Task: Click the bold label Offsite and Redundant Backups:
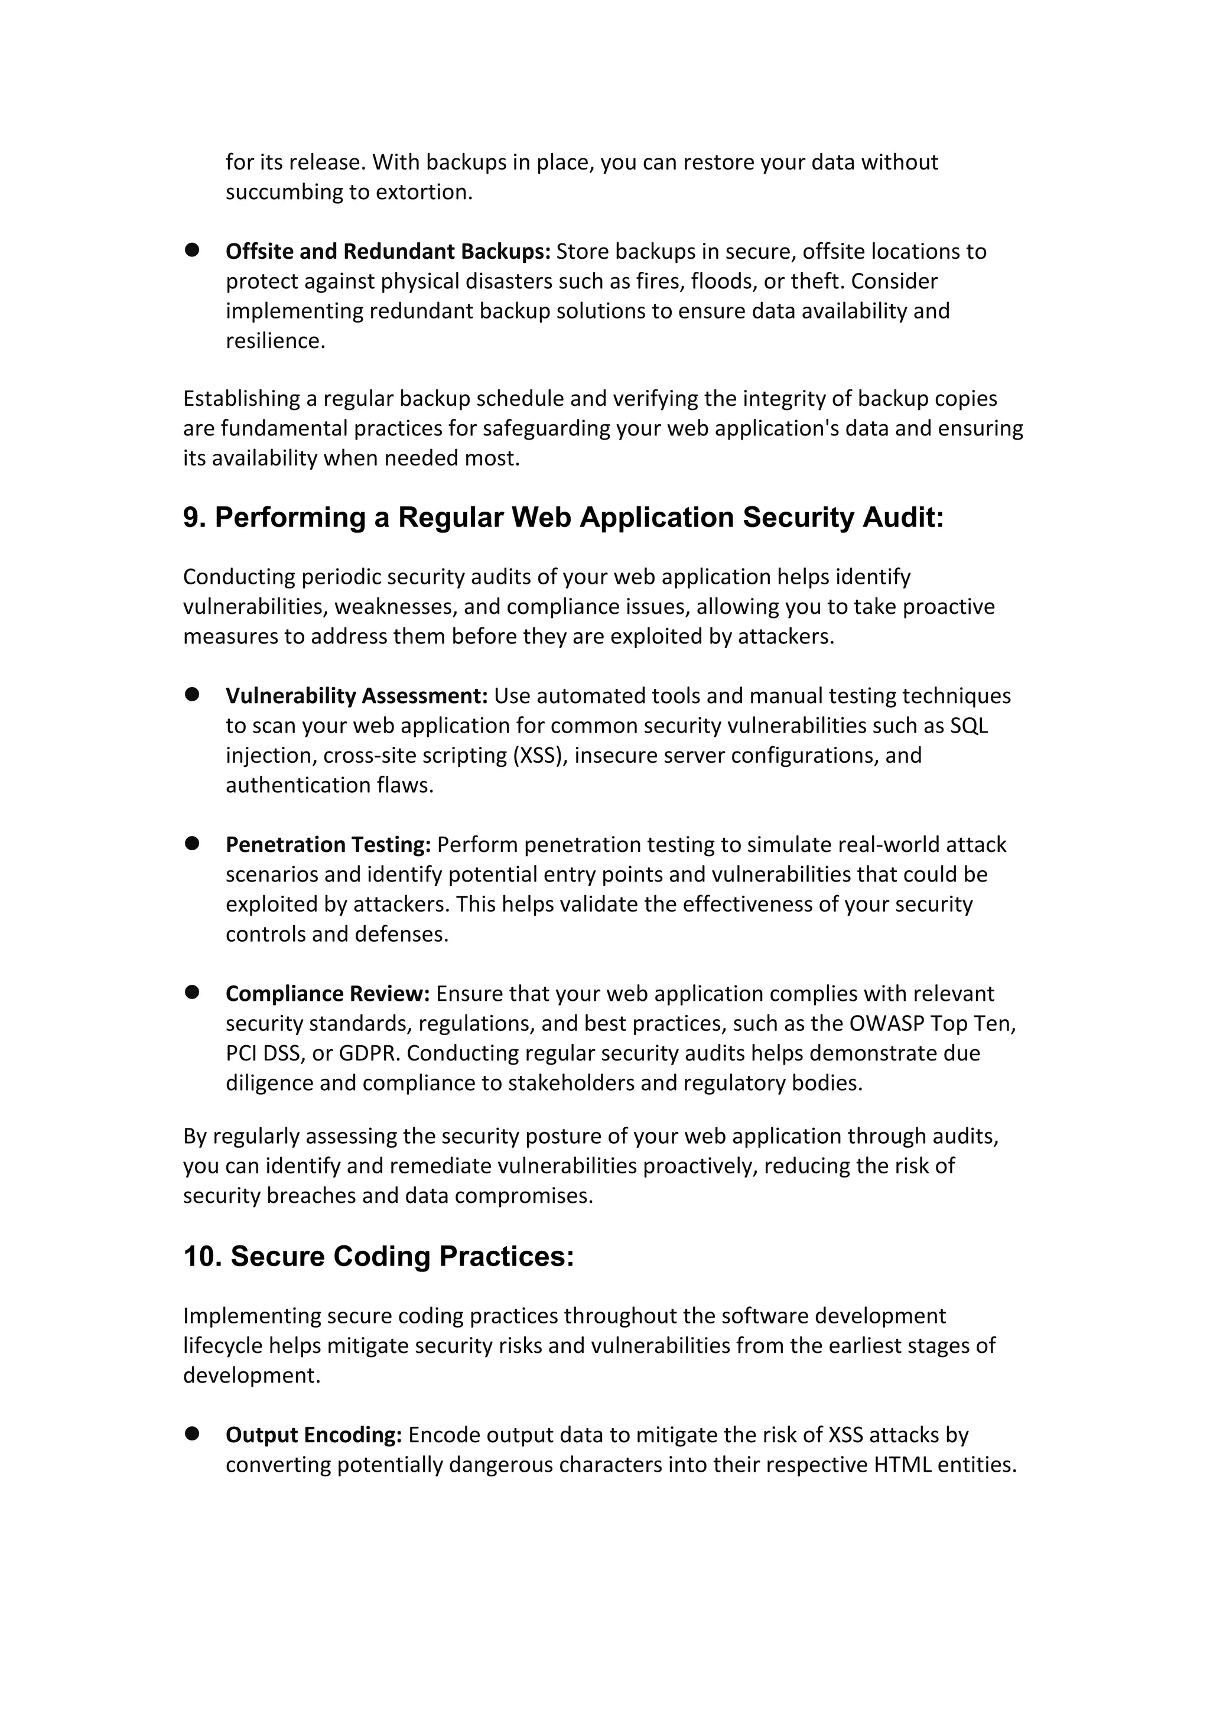(388, 252)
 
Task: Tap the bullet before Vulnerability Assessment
(192, 695)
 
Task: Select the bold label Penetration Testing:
(328, 844)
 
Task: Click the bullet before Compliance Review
(192, 992)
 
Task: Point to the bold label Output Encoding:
(314, 1434)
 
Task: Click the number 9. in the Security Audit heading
(194, 517)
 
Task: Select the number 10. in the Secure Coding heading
(203, 1257)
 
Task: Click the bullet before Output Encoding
(192, 1433)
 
